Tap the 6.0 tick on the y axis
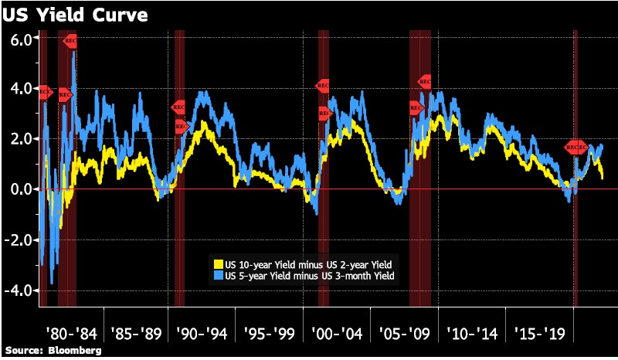[x=19, y=39]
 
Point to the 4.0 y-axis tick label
[x=19, y=89]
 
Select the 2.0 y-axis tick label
[x=19, y=139]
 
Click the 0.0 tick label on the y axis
[x=19, y=189]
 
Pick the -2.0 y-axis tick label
[x=17, y=239]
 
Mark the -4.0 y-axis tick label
[x=17, y=290]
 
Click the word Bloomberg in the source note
[x=75, y=351]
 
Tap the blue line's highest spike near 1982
[x=74, y=52]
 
